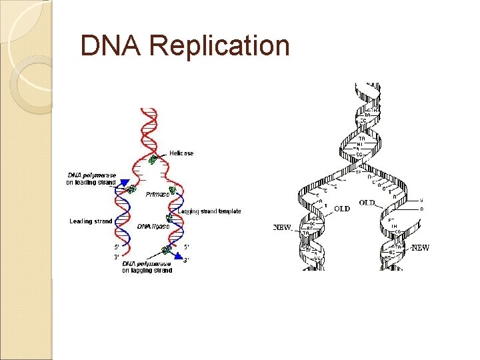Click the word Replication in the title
219,47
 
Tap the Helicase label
181,153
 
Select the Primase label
157,195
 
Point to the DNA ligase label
153,227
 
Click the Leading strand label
91,221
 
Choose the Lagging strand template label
209,211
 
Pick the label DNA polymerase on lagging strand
147,267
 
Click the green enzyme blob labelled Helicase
154,159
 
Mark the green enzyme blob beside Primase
173,191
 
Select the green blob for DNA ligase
169,218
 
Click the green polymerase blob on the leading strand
131,189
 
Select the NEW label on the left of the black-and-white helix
283,227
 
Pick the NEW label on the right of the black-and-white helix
421,248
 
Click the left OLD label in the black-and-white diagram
341,208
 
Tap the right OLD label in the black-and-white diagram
367,203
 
